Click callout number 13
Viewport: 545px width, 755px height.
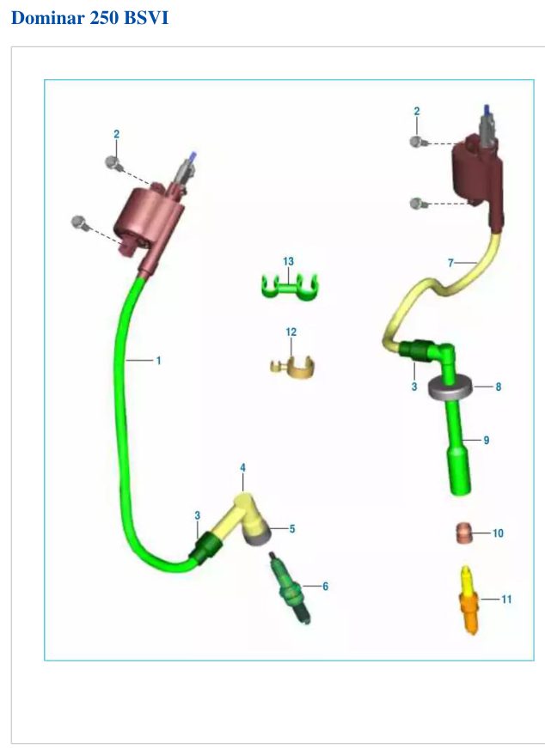(x=288, y=261)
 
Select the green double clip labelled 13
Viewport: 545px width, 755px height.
(x=289, y=287)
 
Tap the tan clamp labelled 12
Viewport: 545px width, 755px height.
(x=292, y=368)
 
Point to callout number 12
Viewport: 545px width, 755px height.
(x=291, y=332)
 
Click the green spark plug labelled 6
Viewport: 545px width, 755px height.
(x=290, y=588)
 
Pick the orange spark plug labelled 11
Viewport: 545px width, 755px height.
(x=469, y=600)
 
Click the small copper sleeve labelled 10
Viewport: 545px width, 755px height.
(x=462, y=533)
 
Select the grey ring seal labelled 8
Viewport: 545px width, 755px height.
(x=451, y=387)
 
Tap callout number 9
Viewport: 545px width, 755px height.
(x=487, y=440)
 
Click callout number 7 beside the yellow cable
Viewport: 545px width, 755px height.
(x=450, y=263)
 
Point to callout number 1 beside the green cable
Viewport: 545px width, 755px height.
(x=158, y=360)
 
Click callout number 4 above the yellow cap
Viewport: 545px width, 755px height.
(x=243, y=467)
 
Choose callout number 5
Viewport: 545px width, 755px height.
(x=292, y=529)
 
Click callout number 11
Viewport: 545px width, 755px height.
(x=506, y=600)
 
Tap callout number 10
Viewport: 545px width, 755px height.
(x=498, y=533)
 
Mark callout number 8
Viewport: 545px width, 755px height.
(x=499, y=387)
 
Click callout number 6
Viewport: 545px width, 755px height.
(x=325, y=587)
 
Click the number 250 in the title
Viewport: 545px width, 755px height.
(x=104, y=18)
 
